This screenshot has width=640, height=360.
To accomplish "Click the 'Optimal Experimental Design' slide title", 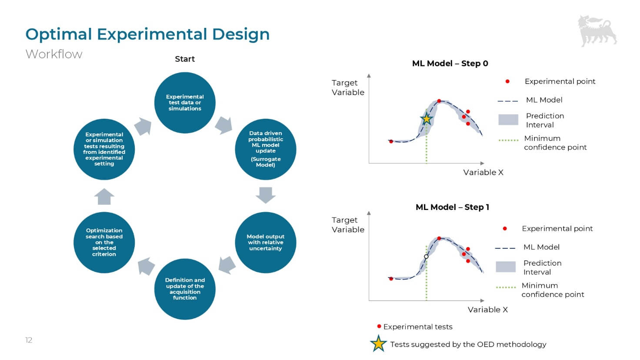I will coord(147,34).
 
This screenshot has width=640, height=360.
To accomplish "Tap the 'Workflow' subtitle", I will coord(54,54).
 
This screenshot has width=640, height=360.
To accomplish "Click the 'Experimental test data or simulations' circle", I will coord(185,103).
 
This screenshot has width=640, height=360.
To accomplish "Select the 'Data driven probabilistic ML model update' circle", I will coord(266,149).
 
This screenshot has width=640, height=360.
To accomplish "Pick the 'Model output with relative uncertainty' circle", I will coord(266,243).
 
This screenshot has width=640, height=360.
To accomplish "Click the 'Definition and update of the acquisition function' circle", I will coord(185,289).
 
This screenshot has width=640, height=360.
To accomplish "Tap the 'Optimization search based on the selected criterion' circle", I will coord(104,243).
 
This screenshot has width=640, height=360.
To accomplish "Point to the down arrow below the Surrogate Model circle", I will coord(266,195).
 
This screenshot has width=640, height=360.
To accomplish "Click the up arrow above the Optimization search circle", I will coord(104,197).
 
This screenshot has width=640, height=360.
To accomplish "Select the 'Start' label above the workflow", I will coord(185,59).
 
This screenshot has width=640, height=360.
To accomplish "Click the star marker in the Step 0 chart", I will coord(427,119).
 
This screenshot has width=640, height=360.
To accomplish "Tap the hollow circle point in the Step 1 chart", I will coord(426,257).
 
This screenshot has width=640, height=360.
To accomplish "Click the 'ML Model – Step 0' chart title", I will coord(450,63).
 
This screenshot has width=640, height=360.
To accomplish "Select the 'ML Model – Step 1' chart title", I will coord(452,207).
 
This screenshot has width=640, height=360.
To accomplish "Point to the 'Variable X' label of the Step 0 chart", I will coord(483,173).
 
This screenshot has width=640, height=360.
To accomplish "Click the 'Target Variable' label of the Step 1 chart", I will coord(348,225).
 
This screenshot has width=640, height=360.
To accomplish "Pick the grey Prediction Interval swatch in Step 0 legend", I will coord(508,120).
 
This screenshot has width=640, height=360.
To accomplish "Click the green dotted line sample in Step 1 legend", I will coord(506,287).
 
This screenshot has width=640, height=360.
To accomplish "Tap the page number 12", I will coord(29,340).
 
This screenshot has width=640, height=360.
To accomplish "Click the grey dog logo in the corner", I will coord(597,31).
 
